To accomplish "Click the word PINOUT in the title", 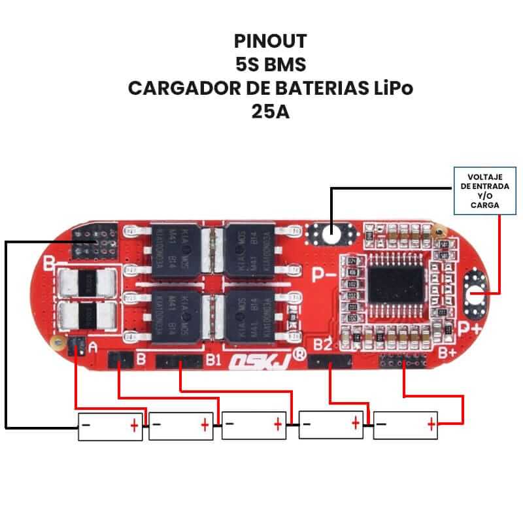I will [x=270, y=41].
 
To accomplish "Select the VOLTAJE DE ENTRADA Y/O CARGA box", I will [x=484, y=190].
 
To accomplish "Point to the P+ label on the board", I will [x=469, y=329].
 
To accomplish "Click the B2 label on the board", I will [x=322, y=345].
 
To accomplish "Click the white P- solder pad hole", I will [x=331, y=232].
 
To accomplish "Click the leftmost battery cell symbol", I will [x=110, y=426].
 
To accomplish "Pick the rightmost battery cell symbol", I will [x=405, y=426].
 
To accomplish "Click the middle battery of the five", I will [x=254, y=426].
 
